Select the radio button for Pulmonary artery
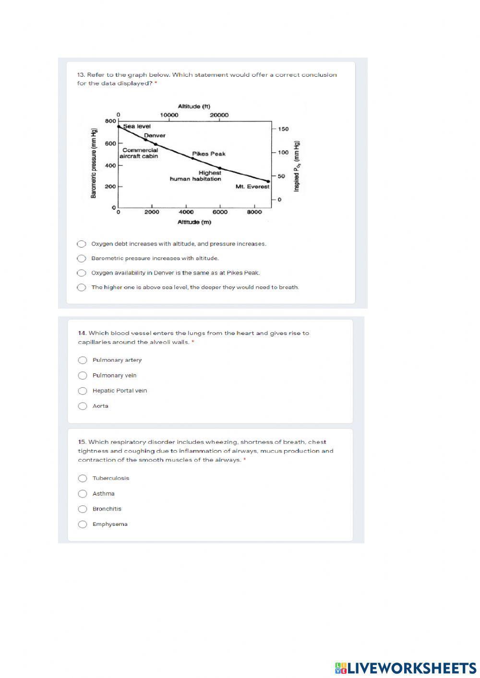click(x=83, y=360)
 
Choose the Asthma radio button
click(x=83, y=494)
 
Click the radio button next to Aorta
click(x=83, y=406)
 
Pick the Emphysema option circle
click(x=83, y=524)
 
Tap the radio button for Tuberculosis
click(x=83, y=478)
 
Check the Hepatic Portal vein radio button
click(x=83, y=391)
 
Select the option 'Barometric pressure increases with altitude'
click(x=82, y=259)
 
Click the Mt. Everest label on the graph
click(x=252, y=187)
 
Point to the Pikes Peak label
click(x=208, y=154)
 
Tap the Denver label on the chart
click(x=155, y=136)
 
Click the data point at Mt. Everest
click(x=268, y=181)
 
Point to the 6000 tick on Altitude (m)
click(x=220, y=212)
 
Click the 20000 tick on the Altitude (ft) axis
click(x=219, y=115)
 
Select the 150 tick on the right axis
click(x=283, y=129)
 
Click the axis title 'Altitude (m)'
click(x=194, y=222)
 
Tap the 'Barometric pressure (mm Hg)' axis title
click(x=94, y=163)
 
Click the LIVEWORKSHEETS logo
click(x=406, y=667)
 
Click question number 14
click(x=82, y=333)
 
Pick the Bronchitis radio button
click(x=83, y=509)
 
